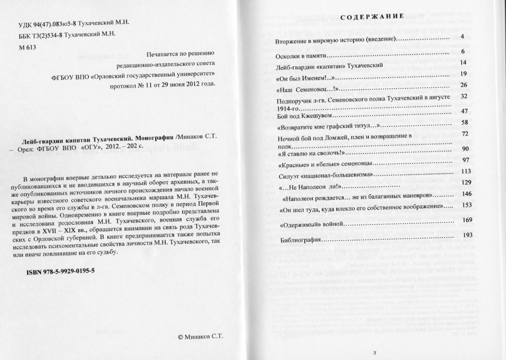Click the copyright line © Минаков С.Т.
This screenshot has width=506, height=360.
(201, 336)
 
